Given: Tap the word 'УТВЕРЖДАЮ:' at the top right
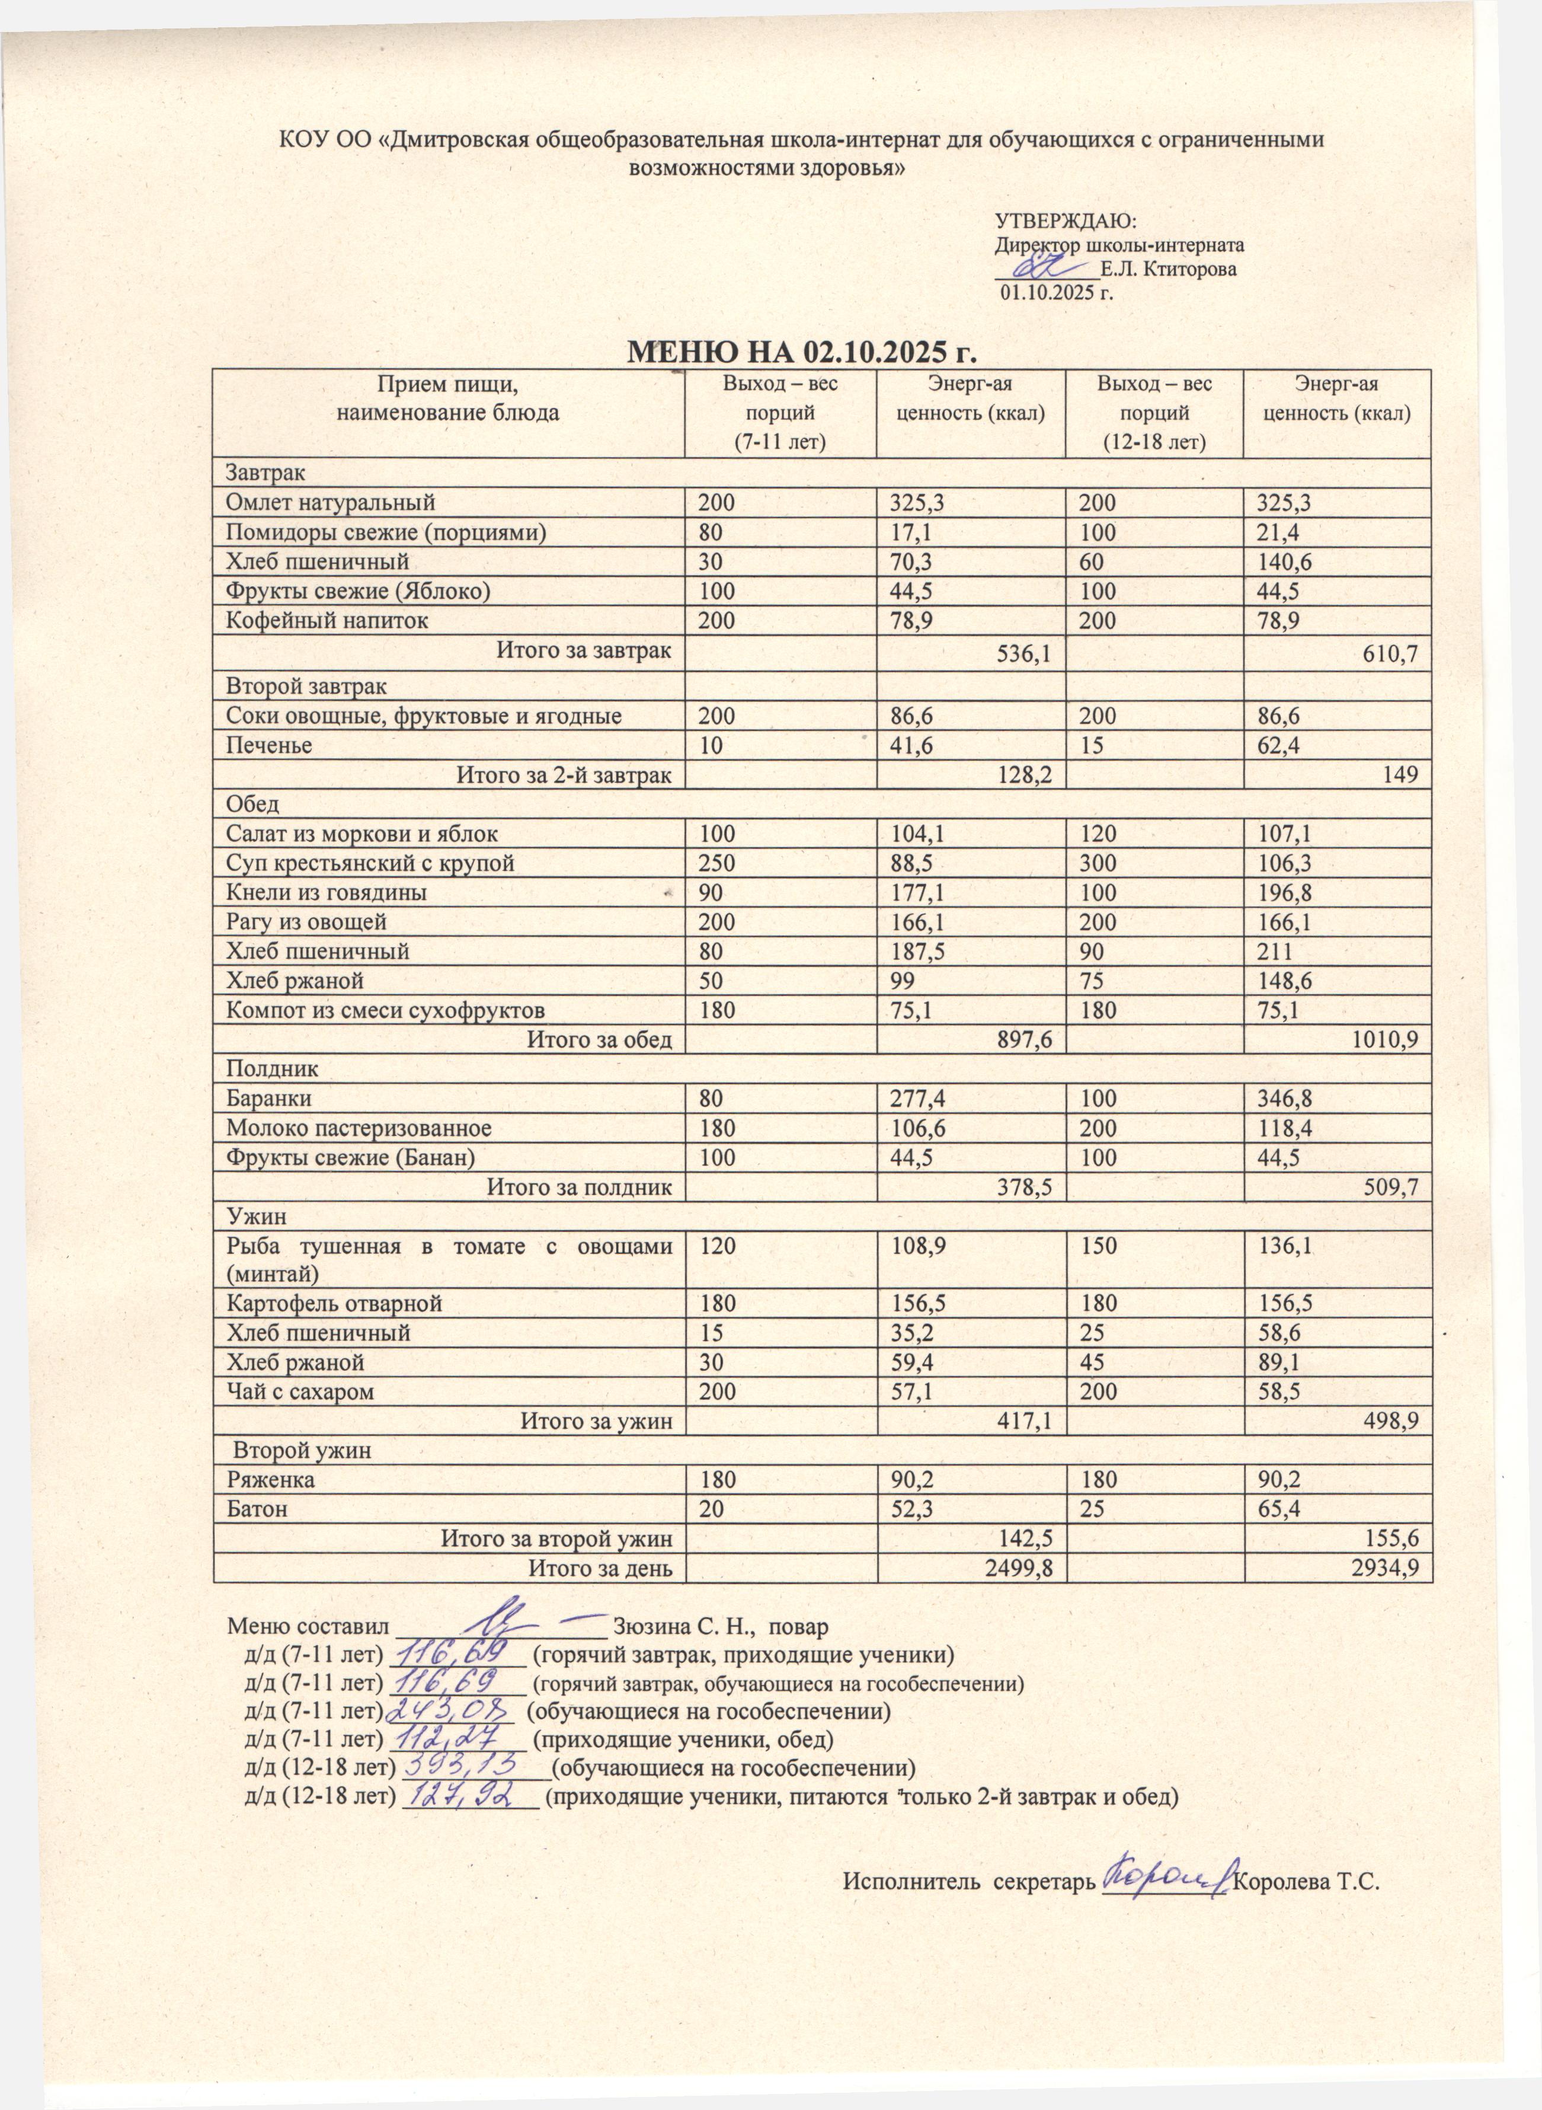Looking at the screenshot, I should pos(1065,221).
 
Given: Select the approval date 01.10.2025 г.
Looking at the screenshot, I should pos(1058,292).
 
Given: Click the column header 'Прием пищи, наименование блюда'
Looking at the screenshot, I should pos(448,398).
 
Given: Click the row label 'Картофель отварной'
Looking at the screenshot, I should pos(334,1303).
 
